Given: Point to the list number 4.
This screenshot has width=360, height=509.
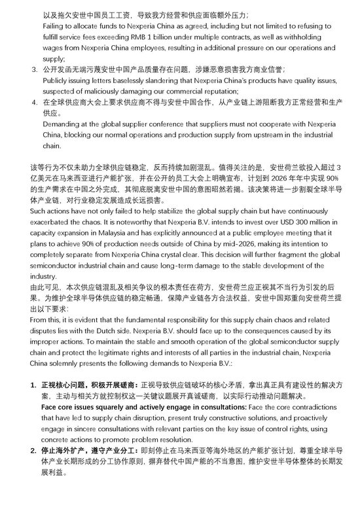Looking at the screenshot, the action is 34,103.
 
